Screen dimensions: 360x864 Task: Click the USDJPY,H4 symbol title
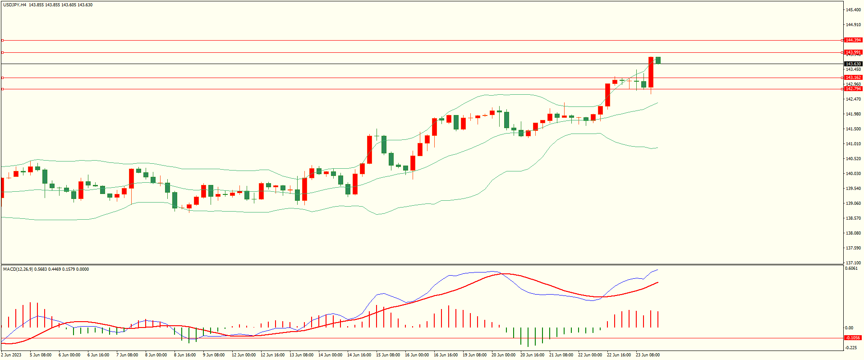pos(15,5)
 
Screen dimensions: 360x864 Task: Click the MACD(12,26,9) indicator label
pos(18,269)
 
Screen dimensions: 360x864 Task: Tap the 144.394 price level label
pos(853,40)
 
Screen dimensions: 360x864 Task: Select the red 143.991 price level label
pos(853,52)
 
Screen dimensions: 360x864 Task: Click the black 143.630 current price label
pos(853,64)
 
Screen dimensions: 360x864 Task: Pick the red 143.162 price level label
pos(853,78)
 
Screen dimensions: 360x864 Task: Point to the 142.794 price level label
pos(853,89)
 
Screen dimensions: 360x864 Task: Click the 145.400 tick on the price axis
pos(853,9)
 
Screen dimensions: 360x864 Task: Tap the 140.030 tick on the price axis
pos(853,174)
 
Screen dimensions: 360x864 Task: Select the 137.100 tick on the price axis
pos(853,263)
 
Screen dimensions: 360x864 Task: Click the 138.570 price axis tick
pos(853,218)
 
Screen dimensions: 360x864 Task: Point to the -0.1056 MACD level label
pos(852,338)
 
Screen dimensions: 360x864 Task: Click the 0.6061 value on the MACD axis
pos(851,268)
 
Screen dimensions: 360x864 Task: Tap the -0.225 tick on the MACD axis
pos(851,348)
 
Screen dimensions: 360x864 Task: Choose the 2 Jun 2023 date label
pos(11,355)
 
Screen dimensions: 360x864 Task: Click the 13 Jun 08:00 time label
pos(301,355)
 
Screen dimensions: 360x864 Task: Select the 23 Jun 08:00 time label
pos(648,355)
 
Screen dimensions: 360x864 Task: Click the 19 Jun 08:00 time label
pos(474,355)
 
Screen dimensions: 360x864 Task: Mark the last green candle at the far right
pos(658,60)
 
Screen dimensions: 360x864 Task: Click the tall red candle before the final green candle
pos(651,72)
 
